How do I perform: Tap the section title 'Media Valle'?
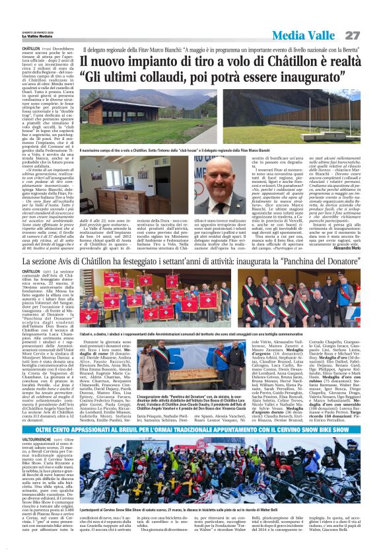click(308, 35)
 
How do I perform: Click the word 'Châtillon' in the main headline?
click(295, 63)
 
